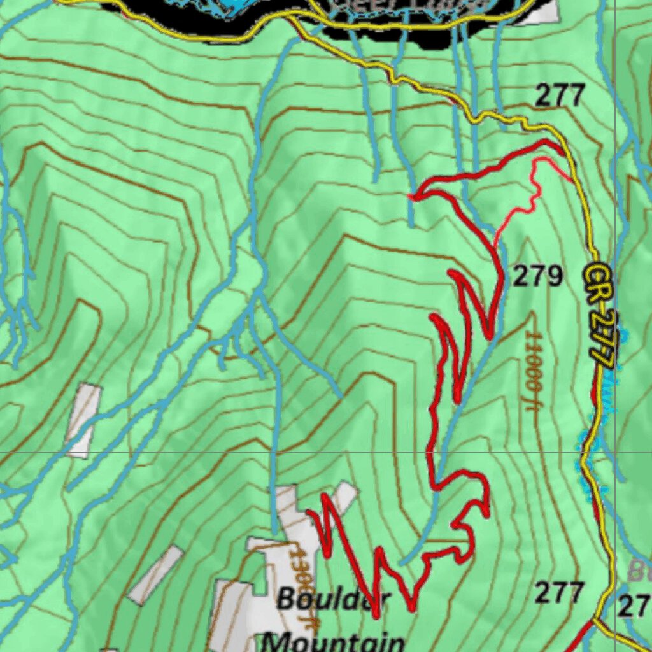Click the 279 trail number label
pyautogui.click(x=538, y=277)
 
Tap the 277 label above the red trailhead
pyautogui.click(x=560, y=96)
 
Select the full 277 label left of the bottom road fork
pyautogui.click(x=559, y=593)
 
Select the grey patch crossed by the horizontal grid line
pyautogui.click(x=83, y=420)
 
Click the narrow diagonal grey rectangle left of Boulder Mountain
pyautogui.click(x=155, y=574)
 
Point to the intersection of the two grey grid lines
pyautogui.click(x=615, y=452)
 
